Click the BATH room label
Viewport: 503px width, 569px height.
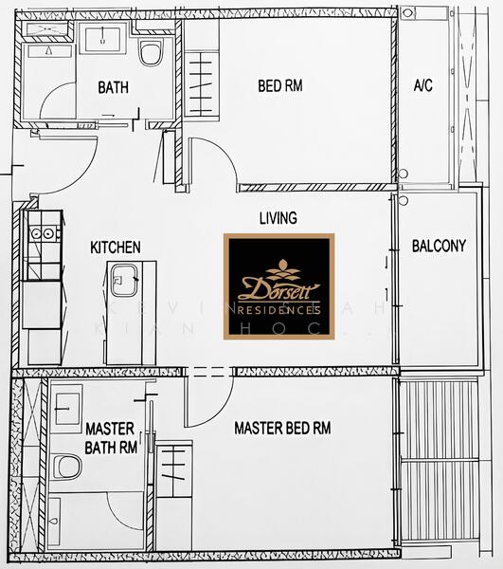coord(113,87)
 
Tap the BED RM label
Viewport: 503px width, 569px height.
coord(279,86)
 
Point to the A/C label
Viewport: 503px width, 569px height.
coord(423,86)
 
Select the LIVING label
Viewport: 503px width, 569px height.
coord(278,218)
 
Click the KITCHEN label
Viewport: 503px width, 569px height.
coord(115,248)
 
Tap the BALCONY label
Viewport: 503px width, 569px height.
coord(439,246)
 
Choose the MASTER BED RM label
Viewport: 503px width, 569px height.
coord(282,428)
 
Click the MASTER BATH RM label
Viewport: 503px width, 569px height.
coord(110,437)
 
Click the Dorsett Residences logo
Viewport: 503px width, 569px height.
coord(278,285)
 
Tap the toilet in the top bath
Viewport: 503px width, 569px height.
coord(151,52)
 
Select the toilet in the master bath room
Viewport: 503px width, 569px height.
coord(66,466)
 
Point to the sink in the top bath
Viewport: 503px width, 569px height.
coord(101,41)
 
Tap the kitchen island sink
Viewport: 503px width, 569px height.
coord(124,283)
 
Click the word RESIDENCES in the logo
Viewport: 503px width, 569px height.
coord(278,310)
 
